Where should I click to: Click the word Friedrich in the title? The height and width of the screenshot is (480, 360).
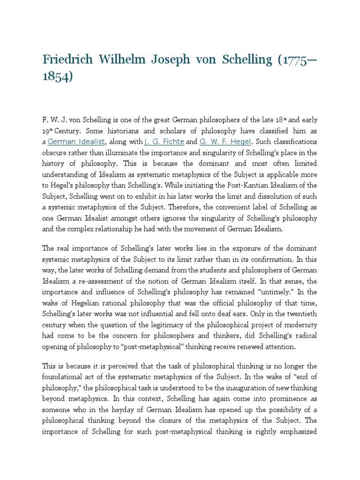(x=67, y=60)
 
